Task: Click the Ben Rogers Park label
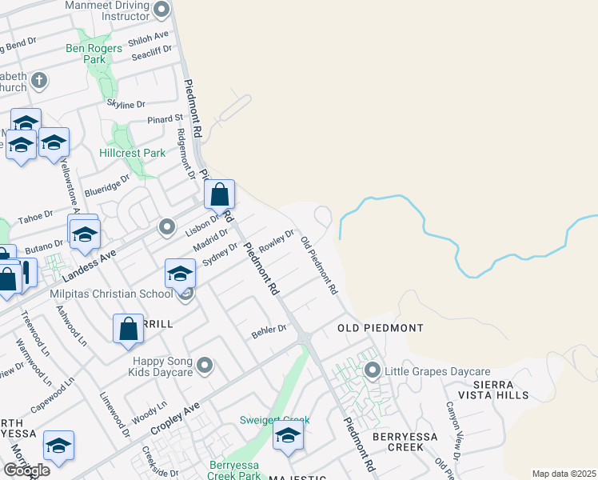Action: coord(94,54)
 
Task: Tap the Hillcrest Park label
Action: coord(132,153)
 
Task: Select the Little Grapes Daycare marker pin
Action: coord(372,371)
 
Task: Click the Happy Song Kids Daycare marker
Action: coord(205,366)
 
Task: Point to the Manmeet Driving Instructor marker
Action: coord(161,10)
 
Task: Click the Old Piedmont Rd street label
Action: coord(320,265)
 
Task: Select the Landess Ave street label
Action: coord(90,265)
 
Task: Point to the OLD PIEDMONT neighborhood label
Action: coord(380,328)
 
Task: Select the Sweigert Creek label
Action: coord(274,420)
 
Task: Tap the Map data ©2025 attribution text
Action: coord(564,474)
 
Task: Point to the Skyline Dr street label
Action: coord(126,104)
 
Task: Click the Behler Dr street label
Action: coord(270,329)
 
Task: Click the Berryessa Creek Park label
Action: coord(236,470)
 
